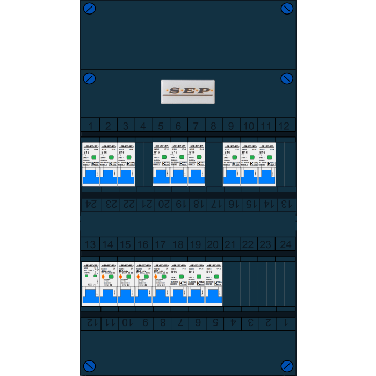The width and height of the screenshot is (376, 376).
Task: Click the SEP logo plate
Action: pyautogui.click(x=187, y=91)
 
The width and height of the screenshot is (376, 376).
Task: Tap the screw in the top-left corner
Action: pyautogui.click(x=89, y=8)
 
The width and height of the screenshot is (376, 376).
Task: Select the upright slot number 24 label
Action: pyautogui.click(x=285, y=245)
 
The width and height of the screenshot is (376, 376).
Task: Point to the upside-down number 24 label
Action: pyautogui.click(x=90, y=205)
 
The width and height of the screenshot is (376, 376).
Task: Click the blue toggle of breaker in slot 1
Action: pyautogui.click(x=91, y=177)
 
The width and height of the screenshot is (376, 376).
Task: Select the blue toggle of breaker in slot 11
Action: pyautogui.click(x=267, y=177)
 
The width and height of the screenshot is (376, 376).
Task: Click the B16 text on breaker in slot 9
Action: pyautogui.click(x=228, y=153)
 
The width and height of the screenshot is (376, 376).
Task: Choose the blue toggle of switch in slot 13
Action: pyautogui.click(x=90, y=296)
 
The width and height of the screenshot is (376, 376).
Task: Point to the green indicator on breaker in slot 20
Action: pyautogui.click(x=216, y=277)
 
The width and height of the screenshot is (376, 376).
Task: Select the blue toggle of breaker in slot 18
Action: pyautogui.click(x=178, y=296)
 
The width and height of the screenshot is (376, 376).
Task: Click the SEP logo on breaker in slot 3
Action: pyautogui.click(x=126, y=146)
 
